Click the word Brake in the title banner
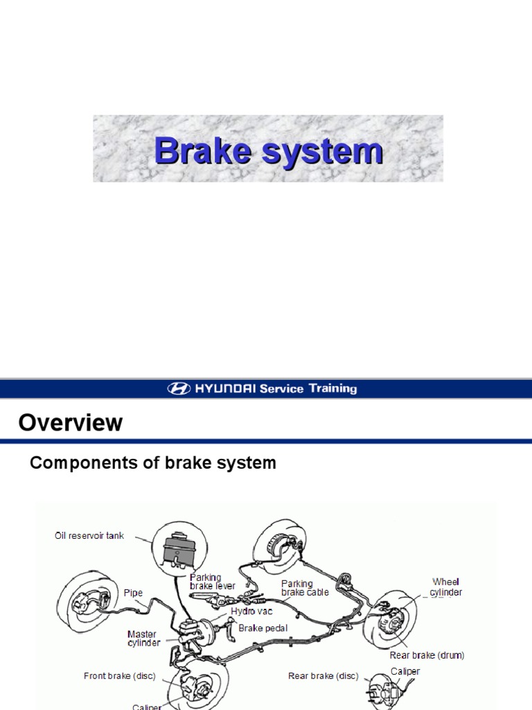click(x=202, y=150)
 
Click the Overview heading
click(x=71, y=422)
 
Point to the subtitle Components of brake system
click(x=153, y=463)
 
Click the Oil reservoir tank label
click(x=89, y=536)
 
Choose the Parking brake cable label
click(x=305, y=588)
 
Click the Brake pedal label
click(x=263, y=628)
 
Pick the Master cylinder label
click(x=144, y=639)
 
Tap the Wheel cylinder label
click(x=446, y=587)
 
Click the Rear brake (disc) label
click(x=323, y=676)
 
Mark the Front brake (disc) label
click(x=120, y=675)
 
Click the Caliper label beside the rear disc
click(x=405, y=671)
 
